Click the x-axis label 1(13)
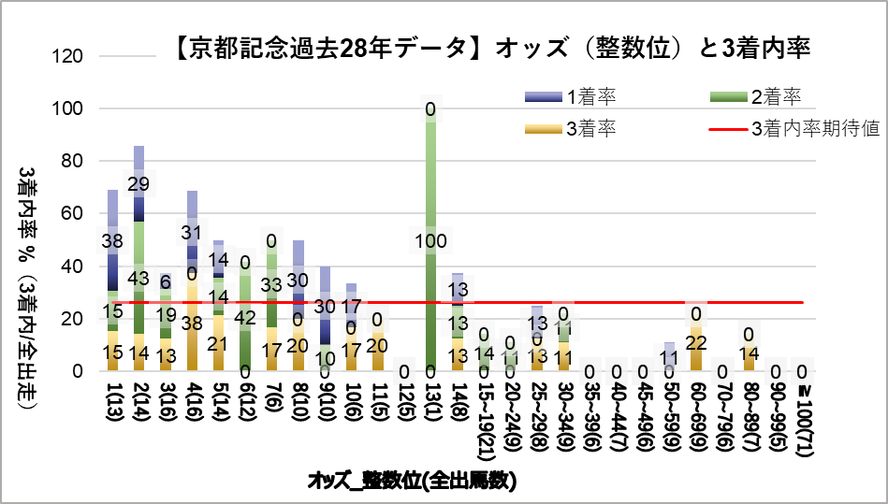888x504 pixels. (112, 408)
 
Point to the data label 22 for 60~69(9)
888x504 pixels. (695, 343)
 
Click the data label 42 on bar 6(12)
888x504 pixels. (245, 317)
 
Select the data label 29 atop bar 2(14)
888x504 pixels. (138, 183)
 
